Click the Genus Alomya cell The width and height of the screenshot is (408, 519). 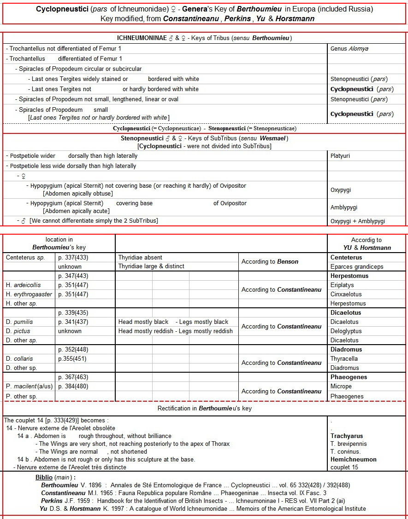(x=349, y=48)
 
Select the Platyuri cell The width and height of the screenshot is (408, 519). (x=340, y=156)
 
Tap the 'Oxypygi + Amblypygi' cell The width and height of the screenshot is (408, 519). (x=357, y=221)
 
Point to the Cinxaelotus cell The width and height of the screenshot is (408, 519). (x=346, y=294)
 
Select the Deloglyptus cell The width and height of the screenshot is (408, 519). (x=346, y=331)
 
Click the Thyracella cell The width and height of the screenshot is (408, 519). (x=344, y=359)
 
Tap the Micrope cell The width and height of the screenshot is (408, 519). (x=341, y=386)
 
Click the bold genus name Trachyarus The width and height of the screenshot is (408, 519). (x=347, y=436)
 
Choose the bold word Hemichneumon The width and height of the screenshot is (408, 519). (x=354, y=460)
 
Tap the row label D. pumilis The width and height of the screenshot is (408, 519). (x=18, y=322)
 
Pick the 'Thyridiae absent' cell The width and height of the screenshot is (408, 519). (x=140, y=258)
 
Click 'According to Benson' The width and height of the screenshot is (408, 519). (x=270, y=262)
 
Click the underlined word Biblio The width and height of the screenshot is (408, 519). (x=44, y=477)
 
